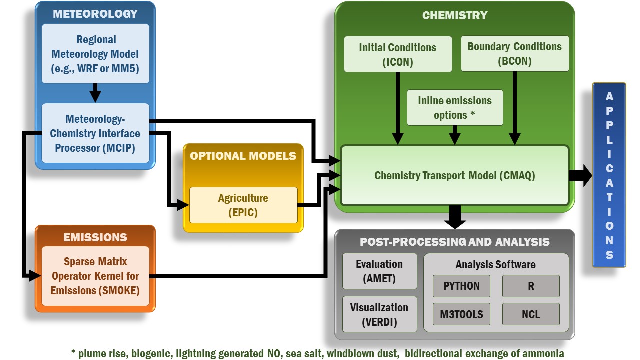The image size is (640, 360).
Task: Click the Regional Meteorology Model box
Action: pyautogui.click(x=95, y=53)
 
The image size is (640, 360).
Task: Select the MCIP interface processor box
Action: pyautogui.click(x=95, y=133)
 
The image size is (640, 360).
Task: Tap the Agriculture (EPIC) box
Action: pyautogui.click(x=243, y=205)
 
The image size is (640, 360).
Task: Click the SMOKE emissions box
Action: pyautogui.click(x=95, y=276)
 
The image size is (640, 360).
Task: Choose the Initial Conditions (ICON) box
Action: pyautogui.click(x=397, y=54)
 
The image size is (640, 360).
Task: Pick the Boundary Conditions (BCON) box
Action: pyautogui.click(x=514, y=54)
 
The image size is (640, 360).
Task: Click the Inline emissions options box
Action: pyautogui.click(x=454, y=107)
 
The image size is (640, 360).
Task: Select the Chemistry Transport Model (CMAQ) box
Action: pyautogui.click(x=454, y=175)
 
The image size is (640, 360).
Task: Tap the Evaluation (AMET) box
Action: pyautogui.click(x=379, y=271)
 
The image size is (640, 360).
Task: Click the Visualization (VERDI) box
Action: pyautogui.click(x=379, y=314)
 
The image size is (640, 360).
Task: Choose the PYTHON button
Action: pyautogui.click(x=461, y=286)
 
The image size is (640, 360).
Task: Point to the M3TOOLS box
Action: pyautogui.click(x=461, y=314)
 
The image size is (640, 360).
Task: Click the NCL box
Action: pyautogui.click(x=530, y=314)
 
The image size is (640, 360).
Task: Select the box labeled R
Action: pyautogui.click(x=530, y=286)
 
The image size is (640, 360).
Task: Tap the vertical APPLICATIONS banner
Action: pyautogui.click(x=609, y=175)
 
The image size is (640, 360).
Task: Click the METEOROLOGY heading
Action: pyautogui.click(x=95, y=13)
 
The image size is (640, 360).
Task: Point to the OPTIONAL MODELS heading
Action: pyautogui.click(x=243, y=156)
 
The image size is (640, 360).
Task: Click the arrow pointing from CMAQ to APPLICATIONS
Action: pyautogui.click(x=580, y=175)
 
